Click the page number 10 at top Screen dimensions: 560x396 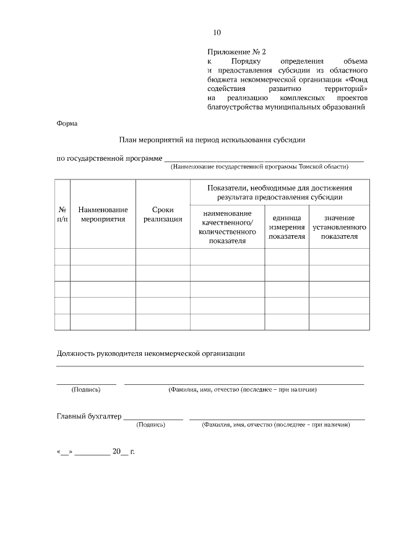point(217,33)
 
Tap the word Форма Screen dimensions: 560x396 point(67,123)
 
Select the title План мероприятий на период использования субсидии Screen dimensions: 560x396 point(212,140)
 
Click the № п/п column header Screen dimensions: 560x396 point(62,214)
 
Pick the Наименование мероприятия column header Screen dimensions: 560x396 point(103,214)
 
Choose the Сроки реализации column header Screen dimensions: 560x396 point(163,214)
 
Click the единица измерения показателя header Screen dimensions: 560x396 point(286,227)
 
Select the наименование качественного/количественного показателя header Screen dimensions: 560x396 point(227,227)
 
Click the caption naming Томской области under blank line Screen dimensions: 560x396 point(260,166)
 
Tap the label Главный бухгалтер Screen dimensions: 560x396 point(89,416)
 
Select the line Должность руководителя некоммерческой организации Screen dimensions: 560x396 point(150,353)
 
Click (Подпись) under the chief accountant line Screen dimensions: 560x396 point(150,425)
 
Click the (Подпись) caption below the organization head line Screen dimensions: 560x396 point(86,390)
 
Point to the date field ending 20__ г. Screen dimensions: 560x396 point(95,452)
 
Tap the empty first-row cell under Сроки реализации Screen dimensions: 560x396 point(163,256)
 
